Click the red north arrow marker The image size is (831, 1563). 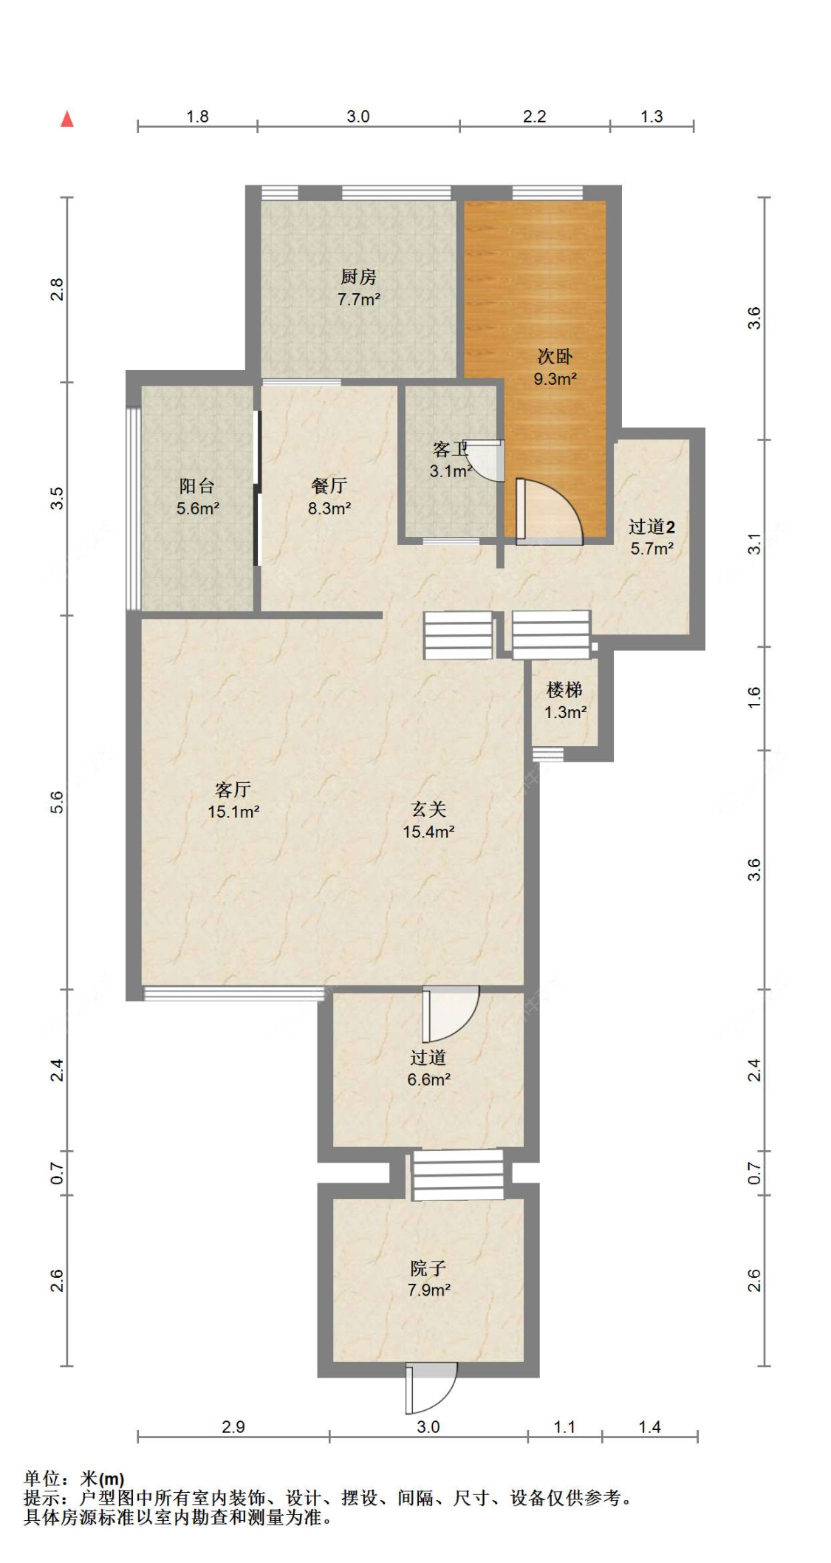67,119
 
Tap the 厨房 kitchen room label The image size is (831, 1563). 358,277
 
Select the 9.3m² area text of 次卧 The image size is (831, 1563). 555,380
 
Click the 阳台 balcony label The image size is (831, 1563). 197,486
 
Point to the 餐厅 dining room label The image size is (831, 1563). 329,486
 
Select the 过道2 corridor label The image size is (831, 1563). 651,527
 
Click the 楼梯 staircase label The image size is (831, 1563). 565,690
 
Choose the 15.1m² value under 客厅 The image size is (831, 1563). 233,813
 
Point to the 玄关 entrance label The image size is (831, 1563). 428,810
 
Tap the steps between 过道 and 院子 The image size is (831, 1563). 458,1175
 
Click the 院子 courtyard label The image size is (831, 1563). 428,1269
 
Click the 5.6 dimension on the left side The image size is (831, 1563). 58,802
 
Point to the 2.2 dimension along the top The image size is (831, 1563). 534,117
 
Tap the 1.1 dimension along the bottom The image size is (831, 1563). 564,1427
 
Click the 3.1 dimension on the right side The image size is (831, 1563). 753,544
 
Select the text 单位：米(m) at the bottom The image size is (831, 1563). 74,1479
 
